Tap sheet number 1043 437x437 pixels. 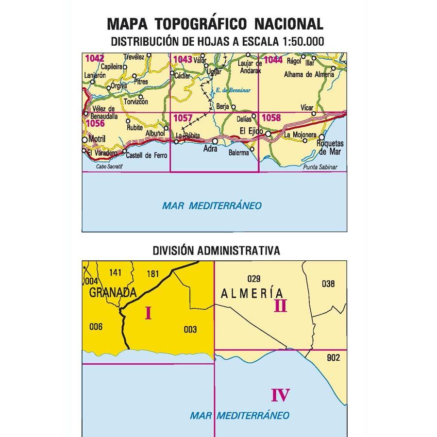click(183, 59)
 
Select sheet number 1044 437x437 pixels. click(273, 60)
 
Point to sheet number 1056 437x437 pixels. click(95, 124)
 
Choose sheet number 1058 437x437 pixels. click(271, 118)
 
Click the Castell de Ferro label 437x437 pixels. click(146, 155)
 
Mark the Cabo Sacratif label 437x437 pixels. click(107, 167)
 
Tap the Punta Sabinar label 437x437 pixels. click(319, 167)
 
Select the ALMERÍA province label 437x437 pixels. click(252, 293)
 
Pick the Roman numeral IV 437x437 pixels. click(281, 395)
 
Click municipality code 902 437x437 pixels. click(334, 358)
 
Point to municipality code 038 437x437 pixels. click(328, 284)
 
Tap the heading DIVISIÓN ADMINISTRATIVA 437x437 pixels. click(216, 251)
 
